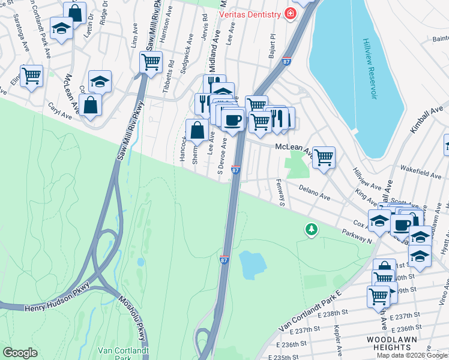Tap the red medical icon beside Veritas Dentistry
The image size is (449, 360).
point(291,14)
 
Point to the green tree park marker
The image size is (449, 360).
point(311,229)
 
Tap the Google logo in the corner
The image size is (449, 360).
point(20,353)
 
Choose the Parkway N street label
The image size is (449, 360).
point(358,236)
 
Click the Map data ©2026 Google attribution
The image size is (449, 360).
point(412,355)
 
